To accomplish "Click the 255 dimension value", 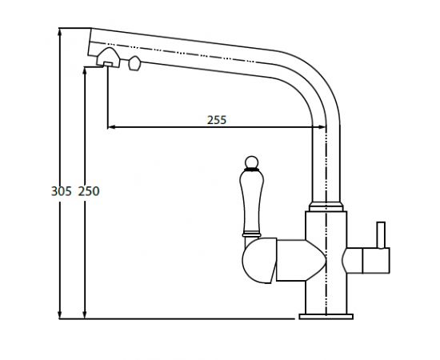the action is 217,120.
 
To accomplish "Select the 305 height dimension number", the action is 61,191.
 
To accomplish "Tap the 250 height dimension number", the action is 89,191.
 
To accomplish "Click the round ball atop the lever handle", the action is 252,162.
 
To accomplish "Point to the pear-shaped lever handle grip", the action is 252,202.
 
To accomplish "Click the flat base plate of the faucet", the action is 326,317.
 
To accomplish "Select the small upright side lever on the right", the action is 381,235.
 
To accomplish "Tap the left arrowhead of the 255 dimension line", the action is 111,127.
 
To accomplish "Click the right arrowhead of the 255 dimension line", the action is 322,127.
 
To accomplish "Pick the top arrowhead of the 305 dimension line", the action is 59,32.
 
